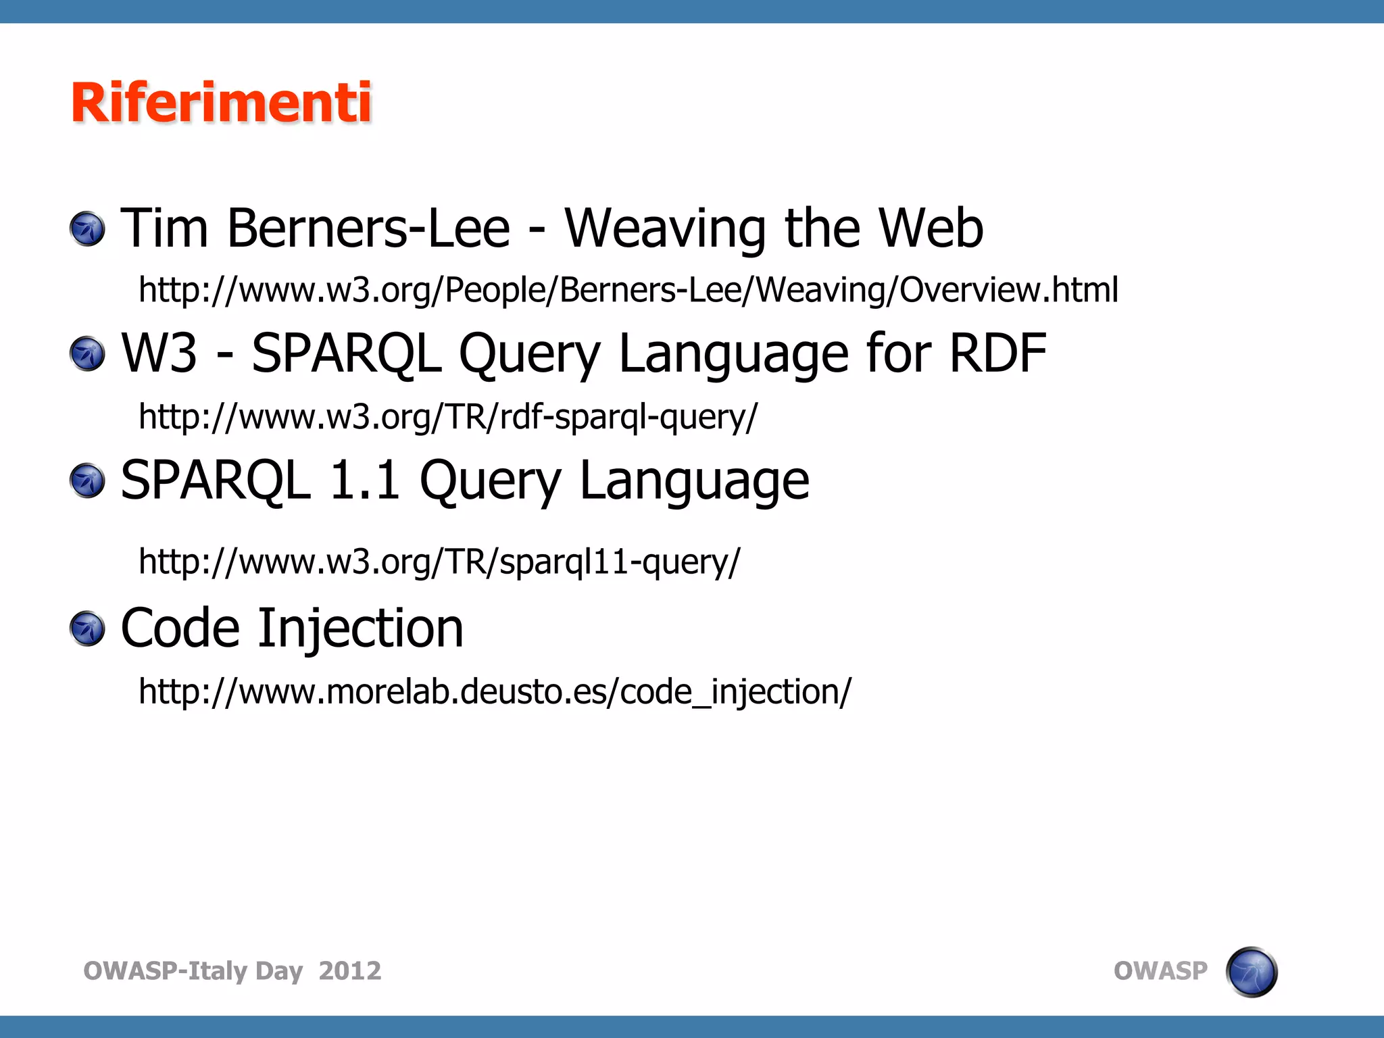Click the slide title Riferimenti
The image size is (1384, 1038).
[x=221, y=103]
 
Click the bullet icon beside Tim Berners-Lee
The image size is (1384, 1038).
[x=88, y=229]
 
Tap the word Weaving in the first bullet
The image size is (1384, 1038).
[x=665, y=228]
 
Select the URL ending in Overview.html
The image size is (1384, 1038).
[x=628, y=289]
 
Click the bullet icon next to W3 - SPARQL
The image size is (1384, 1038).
[x=88, y=354]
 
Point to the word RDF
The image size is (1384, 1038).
[x=997, y=353]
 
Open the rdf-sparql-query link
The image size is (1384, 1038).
[x=448, y=416]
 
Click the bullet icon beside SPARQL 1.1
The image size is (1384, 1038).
[x=88, y=480]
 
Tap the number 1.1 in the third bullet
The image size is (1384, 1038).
[x=364, y=480]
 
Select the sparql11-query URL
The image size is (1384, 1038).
[x=439, y=562]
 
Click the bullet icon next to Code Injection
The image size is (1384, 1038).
[x=88, y=628]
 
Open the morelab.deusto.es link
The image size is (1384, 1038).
[x=495, y=691]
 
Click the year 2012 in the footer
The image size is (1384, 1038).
[x=350, y=971]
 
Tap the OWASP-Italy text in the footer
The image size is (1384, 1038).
[x=165, y=971]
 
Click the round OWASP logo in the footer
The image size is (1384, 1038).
[x=1251, y=972]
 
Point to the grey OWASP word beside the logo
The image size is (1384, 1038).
[x=1160, y=971]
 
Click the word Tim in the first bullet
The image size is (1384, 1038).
[x=164, y=228]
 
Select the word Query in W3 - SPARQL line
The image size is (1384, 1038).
[x=529, y=354]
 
